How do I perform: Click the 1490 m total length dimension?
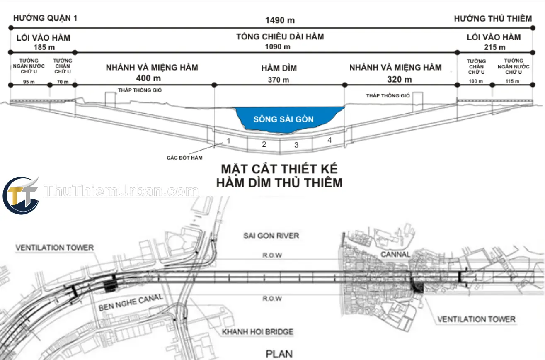pyautogui.click(x=280, y=20)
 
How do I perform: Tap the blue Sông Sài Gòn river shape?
pyautogui.click(x=287, y=120)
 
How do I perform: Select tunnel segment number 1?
pyautogui.click(x=228, y=141)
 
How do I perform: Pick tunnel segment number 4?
pyautogui.click(x=329, y=140)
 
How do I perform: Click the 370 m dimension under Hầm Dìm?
pyautogui.click(x=279, y=80)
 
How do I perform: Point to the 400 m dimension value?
pyautogui.click(x=148, y=78)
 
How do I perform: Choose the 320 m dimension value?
pyautogui.click(x=400, y=79)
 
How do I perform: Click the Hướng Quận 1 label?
pyautogui.click(x=45, y=18)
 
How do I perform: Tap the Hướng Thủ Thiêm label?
pyautogui.click(x=493, y=19)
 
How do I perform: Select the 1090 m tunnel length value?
pyautogui.click(x=278, y=46)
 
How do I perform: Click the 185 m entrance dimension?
pyautogui.click(x=44, y=47)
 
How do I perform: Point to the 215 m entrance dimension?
pyautogui.click(x=494, y=47)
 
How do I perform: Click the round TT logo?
pyautogui.click(x=21, y=195)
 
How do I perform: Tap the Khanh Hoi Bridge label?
pyautogui.click(x=257, y=332)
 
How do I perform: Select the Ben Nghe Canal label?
pyautogui.click(x=131, y=302)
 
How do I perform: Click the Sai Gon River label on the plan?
pyautogui.click(x=271, y=236)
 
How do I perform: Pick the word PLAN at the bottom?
pyautogui.click(x=279, y=354)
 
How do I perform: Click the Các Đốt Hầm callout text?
pyautogui.click(x=184, y=158)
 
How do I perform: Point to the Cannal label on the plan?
pyautogui.click(x=395, y=254)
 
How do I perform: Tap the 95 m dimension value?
pyautogui.click(x=29, y=82)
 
